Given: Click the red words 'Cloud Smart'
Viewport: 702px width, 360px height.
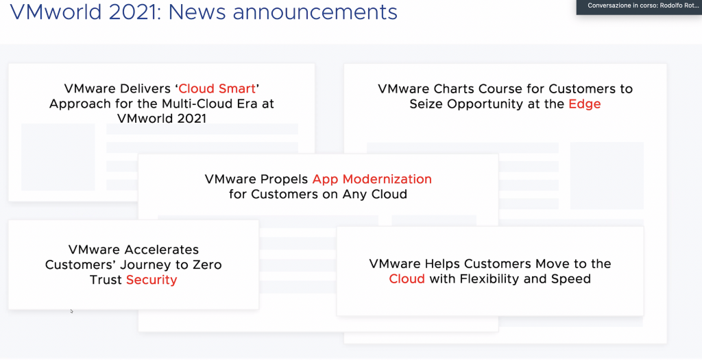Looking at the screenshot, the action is click(x=217, y=88).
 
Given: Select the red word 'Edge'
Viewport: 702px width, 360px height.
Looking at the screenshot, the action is click(x=585, y=104).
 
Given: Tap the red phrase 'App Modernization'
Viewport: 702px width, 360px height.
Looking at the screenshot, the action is click(x=372, y=179).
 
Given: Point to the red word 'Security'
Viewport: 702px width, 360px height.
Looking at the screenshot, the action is click(x=152, y=280).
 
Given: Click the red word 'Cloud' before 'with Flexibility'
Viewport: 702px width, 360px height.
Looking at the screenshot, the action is click(x=407, y=278).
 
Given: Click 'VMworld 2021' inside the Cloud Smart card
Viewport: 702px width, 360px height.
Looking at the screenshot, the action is click(x=162, y=119).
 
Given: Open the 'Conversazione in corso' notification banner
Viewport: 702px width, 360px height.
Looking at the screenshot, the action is click(x=640, y=6).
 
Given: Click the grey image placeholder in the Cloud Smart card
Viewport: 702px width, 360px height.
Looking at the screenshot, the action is click(x=58, y=157).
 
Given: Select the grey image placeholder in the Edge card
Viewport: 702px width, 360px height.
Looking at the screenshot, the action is click(x=607, y=176).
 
